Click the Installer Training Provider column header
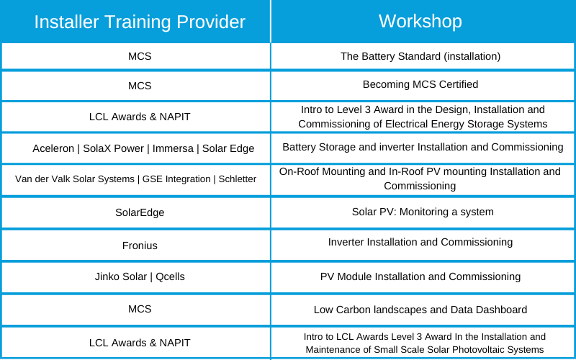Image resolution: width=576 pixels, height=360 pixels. click(x=140, y=22)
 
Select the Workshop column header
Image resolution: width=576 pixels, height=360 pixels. click(x=420, y=21)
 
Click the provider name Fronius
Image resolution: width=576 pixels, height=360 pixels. click(x=140, y=246)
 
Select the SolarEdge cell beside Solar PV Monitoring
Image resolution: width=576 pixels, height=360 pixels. click(x=140, y=212)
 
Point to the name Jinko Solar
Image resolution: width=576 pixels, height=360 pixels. click(x=120, y=276)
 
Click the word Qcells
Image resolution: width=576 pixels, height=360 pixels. click(x=170, y=276)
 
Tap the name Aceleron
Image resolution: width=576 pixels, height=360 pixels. click(x=53, y=148)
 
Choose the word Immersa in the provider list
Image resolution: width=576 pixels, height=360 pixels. click(x=173, y=148)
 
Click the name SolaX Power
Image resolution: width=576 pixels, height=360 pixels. click(x=113, y=148)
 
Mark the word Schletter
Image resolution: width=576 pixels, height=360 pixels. click(x=238, y=179)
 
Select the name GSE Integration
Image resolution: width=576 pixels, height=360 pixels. click(x=176, y=179)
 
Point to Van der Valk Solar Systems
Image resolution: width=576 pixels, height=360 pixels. click(x=75, y=179)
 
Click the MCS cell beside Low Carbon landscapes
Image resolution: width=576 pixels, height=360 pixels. click(x=140, y=309)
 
